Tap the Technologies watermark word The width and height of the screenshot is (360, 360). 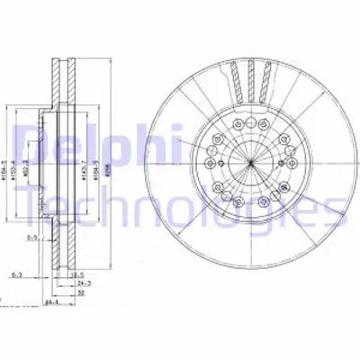click(x=180, y=210)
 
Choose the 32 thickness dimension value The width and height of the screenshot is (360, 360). click(x=81, y=293)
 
